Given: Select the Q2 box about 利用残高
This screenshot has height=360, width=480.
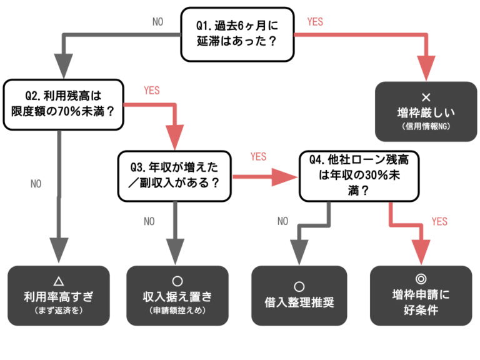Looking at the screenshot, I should (x=63, y=104).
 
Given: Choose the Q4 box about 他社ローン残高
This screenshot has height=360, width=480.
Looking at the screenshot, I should (x=359, y=176).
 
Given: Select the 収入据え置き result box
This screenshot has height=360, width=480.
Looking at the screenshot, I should (x=177, y=296).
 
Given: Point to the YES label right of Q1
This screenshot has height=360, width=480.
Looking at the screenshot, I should (x=315, y=22).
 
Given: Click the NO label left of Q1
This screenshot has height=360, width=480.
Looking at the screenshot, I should (x=158, y=22).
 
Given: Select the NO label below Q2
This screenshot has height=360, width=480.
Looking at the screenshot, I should (x=36, y=184).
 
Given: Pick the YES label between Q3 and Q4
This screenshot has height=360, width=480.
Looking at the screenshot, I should (x=258, y=156).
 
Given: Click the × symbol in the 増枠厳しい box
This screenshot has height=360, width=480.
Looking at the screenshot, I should (x=427, y=97).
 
